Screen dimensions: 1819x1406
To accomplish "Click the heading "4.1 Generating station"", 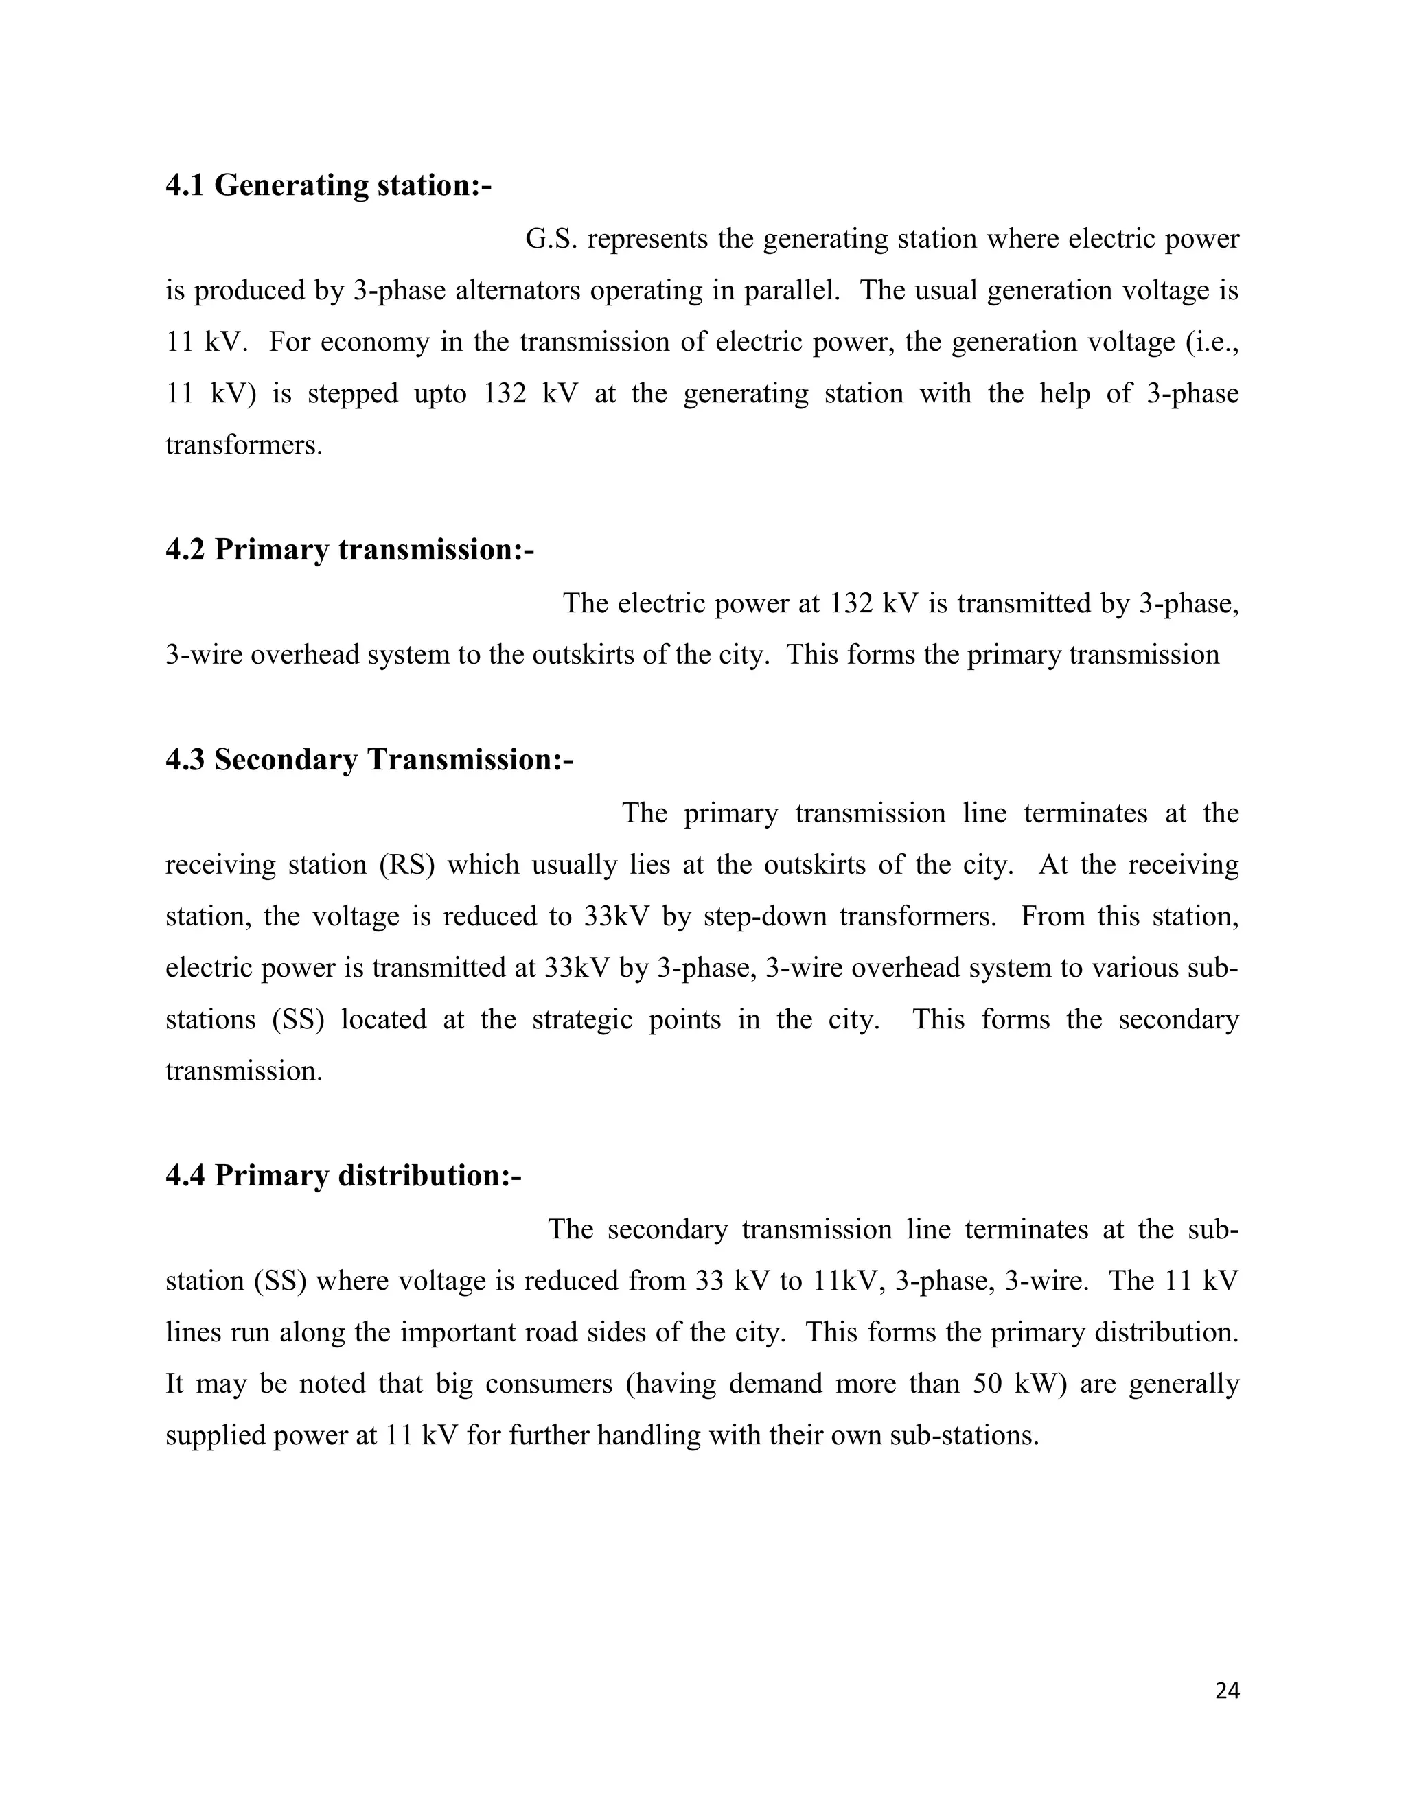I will [328, 185].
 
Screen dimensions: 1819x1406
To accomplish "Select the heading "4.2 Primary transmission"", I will [349, 550].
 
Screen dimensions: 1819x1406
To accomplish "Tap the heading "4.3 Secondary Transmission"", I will [369, 760].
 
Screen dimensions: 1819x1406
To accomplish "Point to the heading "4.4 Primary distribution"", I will [343, 1175].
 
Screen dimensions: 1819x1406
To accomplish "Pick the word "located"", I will [383, 1019].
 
